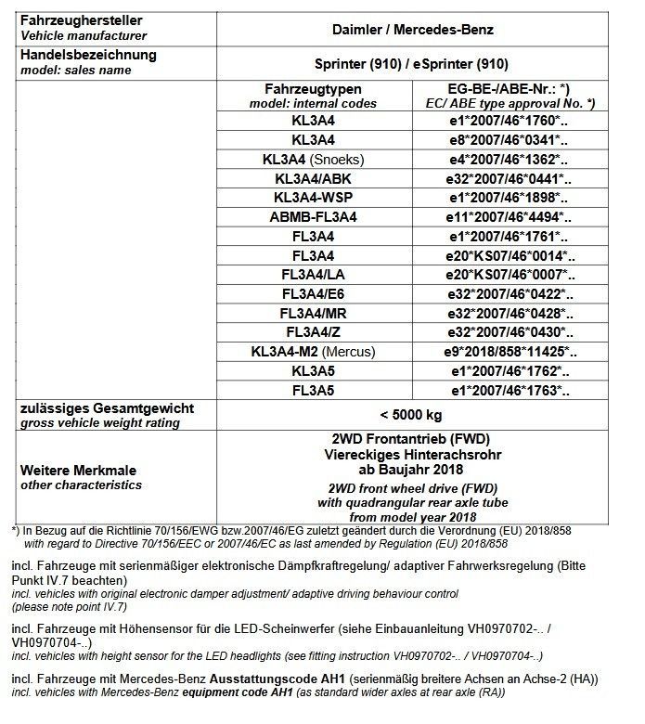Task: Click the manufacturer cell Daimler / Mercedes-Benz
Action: (412, 29)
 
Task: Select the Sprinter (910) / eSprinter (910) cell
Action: (412, 63)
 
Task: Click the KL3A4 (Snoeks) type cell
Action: (312, 159)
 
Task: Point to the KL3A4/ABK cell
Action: (312, 178)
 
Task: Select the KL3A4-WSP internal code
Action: (312, 198)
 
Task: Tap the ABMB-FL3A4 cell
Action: (312, 217)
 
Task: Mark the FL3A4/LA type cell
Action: (312, 276)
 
